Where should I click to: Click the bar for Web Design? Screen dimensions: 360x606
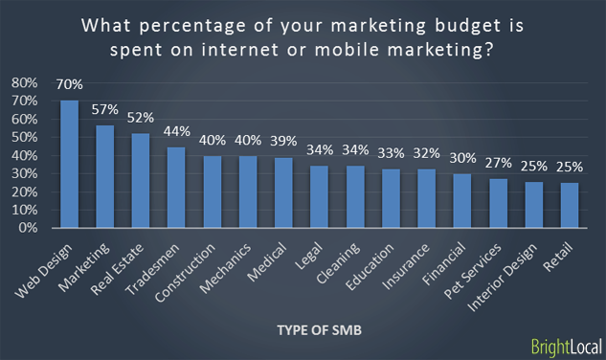[x=69, y=164]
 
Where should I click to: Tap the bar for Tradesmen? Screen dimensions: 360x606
[x=176, y=188]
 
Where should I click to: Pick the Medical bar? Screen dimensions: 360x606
[x=283, y=192]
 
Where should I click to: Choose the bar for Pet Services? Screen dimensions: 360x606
[x=499, y=203]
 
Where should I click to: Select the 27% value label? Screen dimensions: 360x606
[x=499, y=165]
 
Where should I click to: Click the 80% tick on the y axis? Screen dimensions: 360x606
[x=24, y=82]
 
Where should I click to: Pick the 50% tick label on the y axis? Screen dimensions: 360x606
[x=24, y=137]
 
